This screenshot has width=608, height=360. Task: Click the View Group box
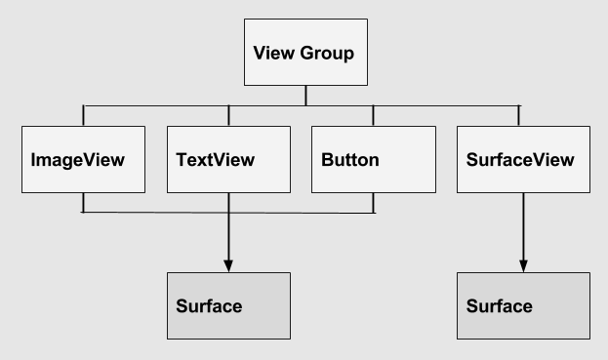tap(305, 53)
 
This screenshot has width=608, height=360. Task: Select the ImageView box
tap(83, 158)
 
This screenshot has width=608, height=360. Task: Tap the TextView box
tap(228, 158)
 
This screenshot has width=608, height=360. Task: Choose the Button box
tap(373, 158)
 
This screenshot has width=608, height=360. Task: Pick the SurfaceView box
tap(523, 158)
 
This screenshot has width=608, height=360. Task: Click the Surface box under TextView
tap(228, 305)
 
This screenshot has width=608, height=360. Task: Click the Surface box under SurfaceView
tap(523, 305)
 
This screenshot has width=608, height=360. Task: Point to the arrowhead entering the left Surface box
tap(228, 265)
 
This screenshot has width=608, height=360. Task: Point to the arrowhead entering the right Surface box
tap(523, 265)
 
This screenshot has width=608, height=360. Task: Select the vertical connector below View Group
tap(305, 96)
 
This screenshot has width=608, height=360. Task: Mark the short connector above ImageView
tap(83, 114)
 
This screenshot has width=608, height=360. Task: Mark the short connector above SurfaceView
tap(519, 114)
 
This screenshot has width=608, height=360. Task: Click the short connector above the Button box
tap(373, 114)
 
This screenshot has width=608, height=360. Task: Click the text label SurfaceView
tap(522, 158)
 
